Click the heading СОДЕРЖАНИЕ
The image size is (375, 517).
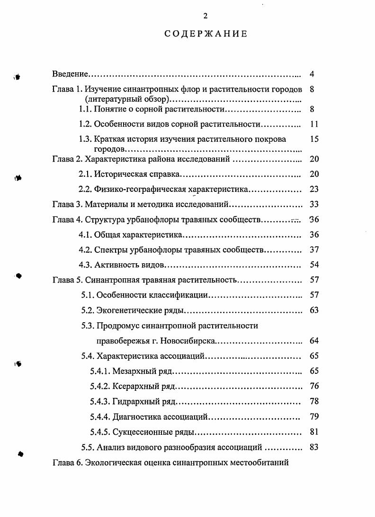[x=206, y=34]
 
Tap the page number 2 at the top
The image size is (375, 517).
[x=205, y=16]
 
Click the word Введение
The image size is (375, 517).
[x=71, y=74]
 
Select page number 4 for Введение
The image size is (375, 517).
[x=312, y=74]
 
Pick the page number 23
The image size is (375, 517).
[x=314, y=190]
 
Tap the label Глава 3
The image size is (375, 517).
[x=67, y=205]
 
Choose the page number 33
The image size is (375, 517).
[x=314, y=205]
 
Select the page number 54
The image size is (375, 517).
[x=314, y=265]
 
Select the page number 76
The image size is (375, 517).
[x=314, y=386]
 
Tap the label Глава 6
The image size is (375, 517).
[x=67, y=463]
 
